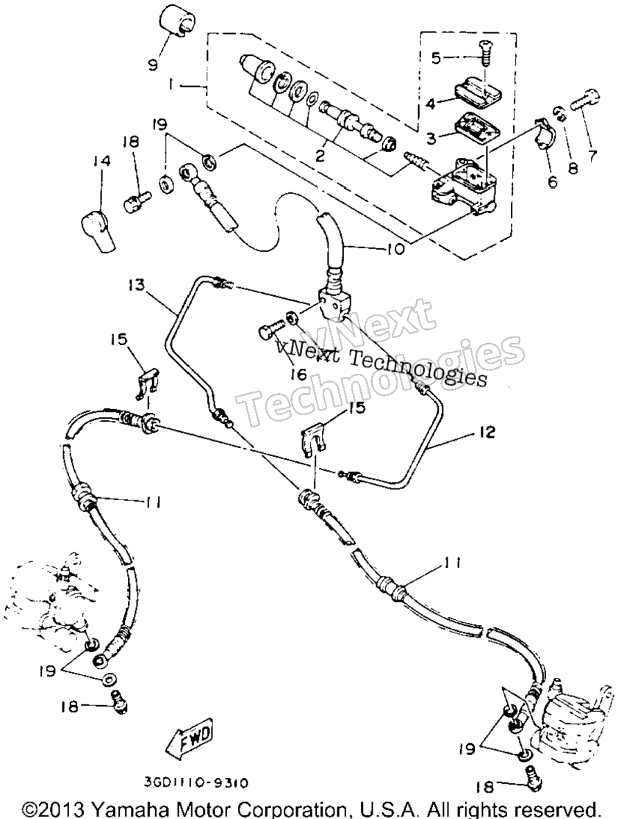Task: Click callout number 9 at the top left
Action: click(x=153, y=66)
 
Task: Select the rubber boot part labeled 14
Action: click(x=96, y=231)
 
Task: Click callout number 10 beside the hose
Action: click(x=395, y=249)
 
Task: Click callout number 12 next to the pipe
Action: click(x=485, y=433)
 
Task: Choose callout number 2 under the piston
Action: click(x=319, y=155)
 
